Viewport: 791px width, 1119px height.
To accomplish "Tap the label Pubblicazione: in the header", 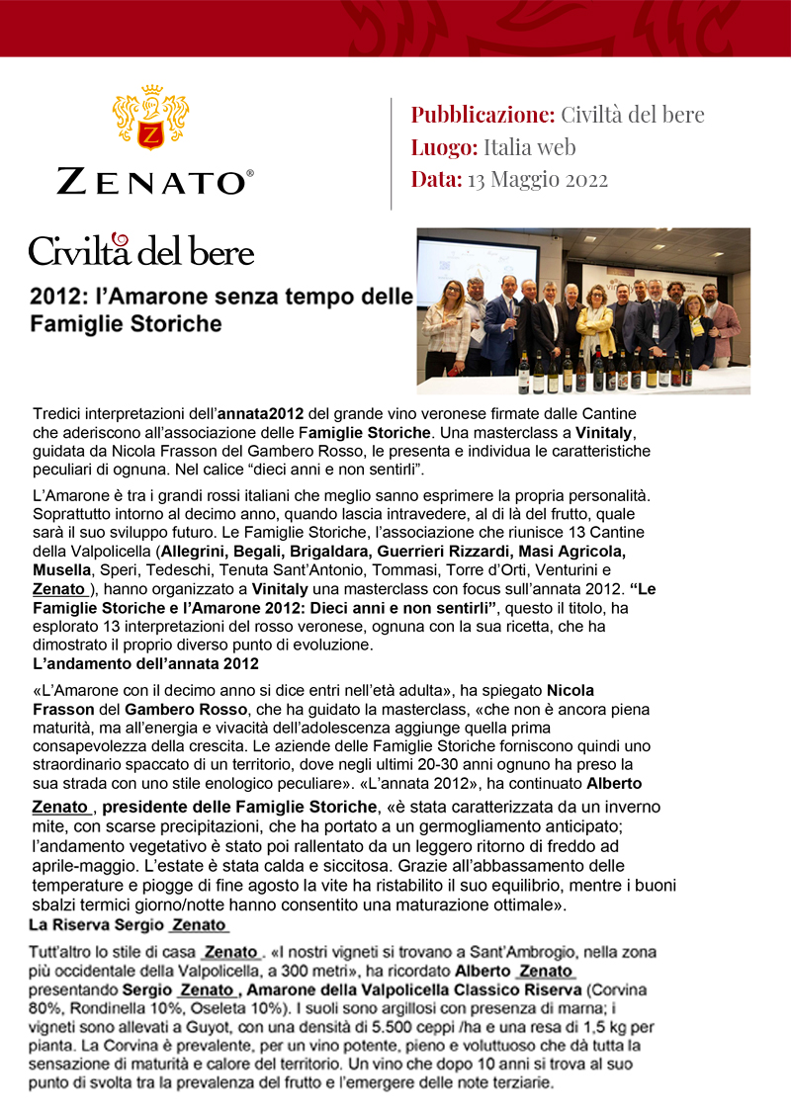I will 483,115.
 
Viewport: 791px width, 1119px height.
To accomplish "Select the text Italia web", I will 529,147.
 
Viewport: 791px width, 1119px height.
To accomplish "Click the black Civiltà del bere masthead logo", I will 141,250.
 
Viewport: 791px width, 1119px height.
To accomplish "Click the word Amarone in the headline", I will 142,296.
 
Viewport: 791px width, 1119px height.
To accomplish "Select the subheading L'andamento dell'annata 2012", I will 145,662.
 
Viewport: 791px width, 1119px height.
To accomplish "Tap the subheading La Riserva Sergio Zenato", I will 129,925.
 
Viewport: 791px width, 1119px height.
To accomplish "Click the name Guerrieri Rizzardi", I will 458,551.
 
